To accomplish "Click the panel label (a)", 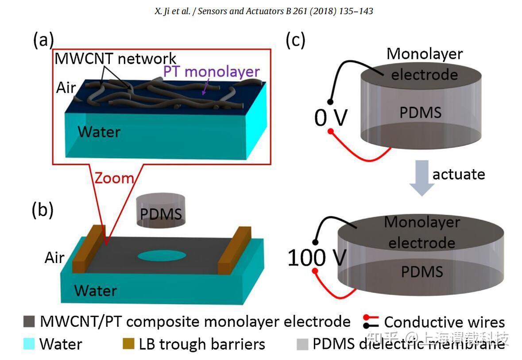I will pos(43,40).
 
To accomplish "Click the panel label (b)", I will pos(43,210).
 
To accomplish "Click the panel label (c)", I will pos(295,40).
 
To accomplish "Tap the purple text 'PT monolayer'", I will pos(211,72).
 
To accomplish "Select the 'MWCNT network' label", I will pos(116,58).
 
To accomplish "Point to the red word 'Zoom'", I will pos(113,178).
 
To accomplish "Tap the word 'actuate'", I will pos(459,174).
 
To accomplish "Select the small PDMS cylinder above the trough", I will pos(160,213).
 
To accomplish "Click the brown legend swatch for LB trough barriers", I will pos(128,344).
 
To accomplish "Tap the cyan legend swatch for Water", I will pos(29,344).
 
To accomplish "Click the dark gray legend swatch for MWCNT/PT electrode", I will pos(29,321).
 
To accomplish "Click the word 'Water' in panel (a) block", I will pos(99,131).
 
